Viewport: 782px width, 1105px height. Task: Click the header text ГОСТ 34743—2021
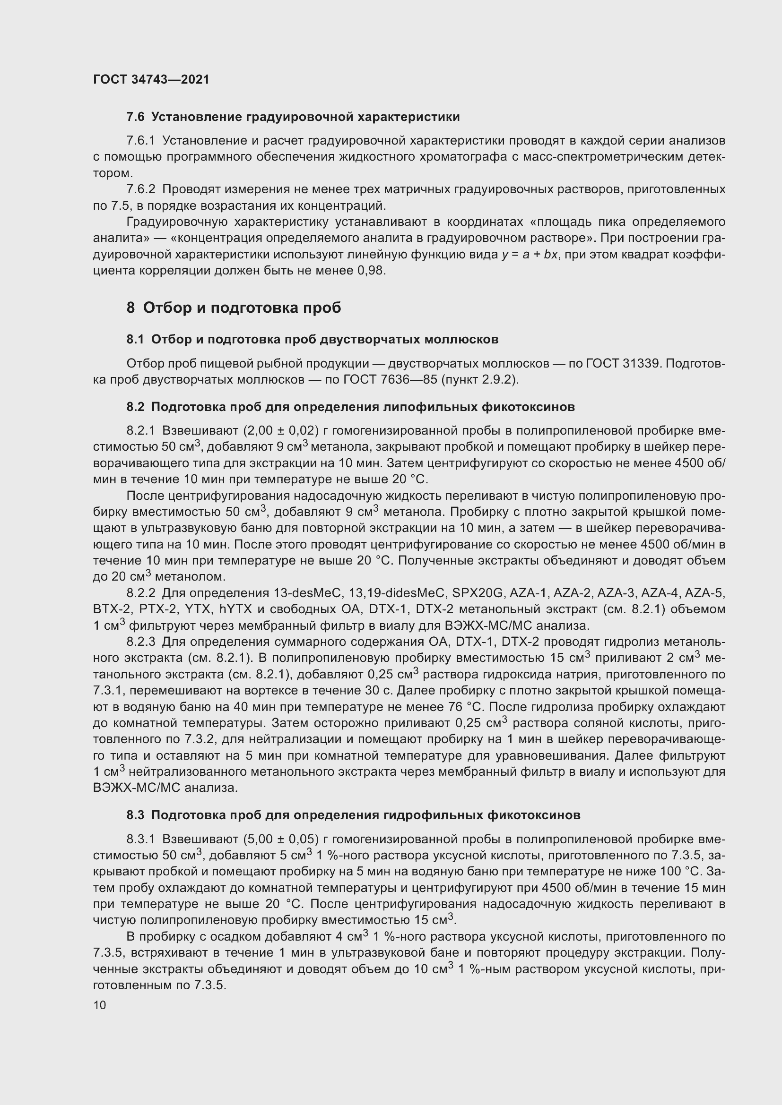(x=151, y=79)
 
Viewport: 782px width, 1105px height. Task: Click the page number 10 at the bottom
(x=100, y=1005)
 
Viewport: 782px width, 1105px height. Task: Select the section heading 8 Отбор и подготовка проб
(x=234, y=308)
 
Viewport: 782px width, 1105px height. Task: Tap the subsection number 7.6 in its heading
(x=135, y=117)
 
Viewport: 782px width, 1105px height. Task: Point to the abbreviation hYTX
(x=235, y=609)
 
